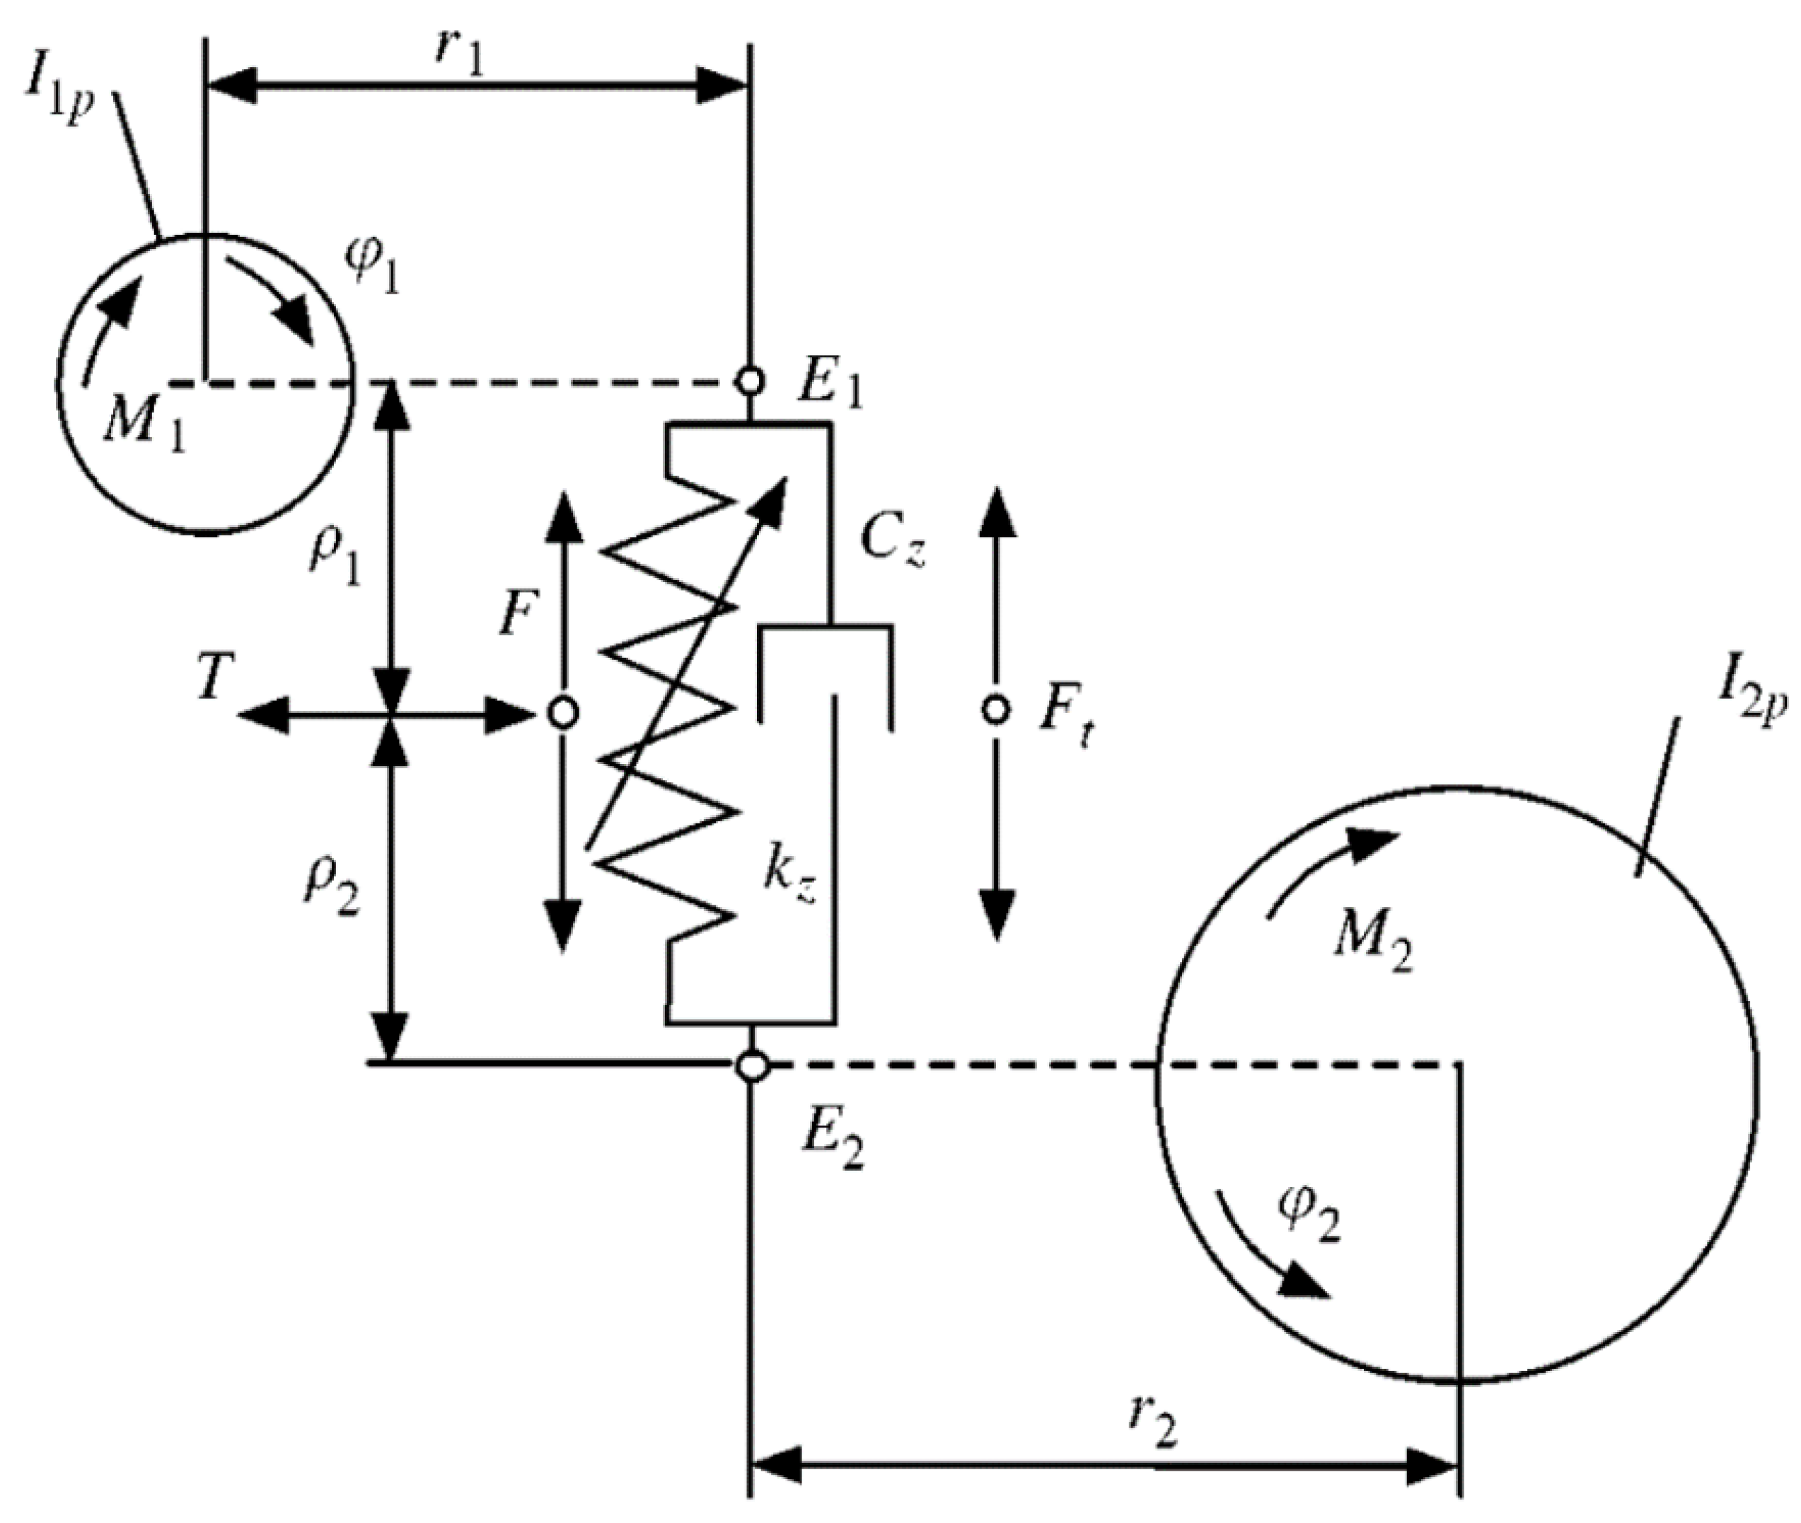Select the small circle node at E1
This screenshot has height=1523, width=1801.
[749, 379]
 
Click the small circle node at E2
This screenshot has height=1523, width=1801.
[752, 1065]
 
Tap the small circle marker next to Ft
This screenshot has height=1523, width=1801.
[996, 710]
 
